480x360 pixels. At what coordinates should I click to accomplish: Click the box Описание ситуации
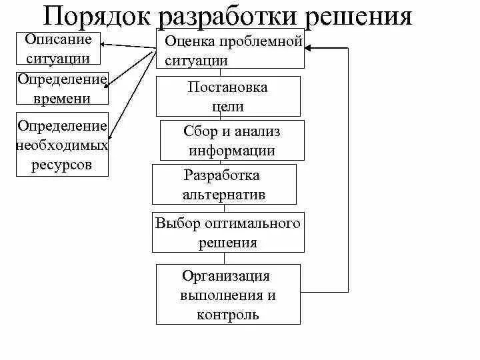[x=59, y=49]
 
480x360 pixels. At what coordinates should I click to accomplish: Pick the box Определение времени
[x=62, y=89]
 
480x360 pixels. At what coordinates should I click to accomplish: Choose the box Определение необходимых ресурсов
[x=62, y=145]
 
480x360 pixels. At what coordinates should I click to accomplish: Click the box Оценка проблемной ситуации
[x=230, y=49]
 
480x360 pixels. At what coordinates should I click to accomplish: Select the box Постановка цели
[x=228, y=97]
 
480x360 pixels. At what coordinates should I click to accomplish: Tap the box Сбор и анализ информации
[x=232, y=141]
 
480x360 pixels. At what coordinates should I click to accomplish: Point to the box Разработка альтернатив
[x=223, y=185]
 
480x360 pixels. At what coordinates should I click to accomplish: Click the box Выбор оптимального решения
[x=228, y=233]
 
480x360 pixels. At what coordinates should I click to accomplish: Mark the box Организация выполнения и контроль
[x=228, y=294]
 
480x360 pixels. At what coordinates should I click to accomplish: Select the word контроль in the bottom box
[x=228, y=314]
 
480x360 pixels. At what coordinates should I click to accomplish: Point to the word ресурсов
[x=61, y=164]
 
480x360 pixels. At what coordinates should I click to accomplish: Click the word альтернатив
[x=223, y=195]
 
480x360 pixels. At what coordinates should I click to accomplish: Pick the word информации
[x=232, y=151]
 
